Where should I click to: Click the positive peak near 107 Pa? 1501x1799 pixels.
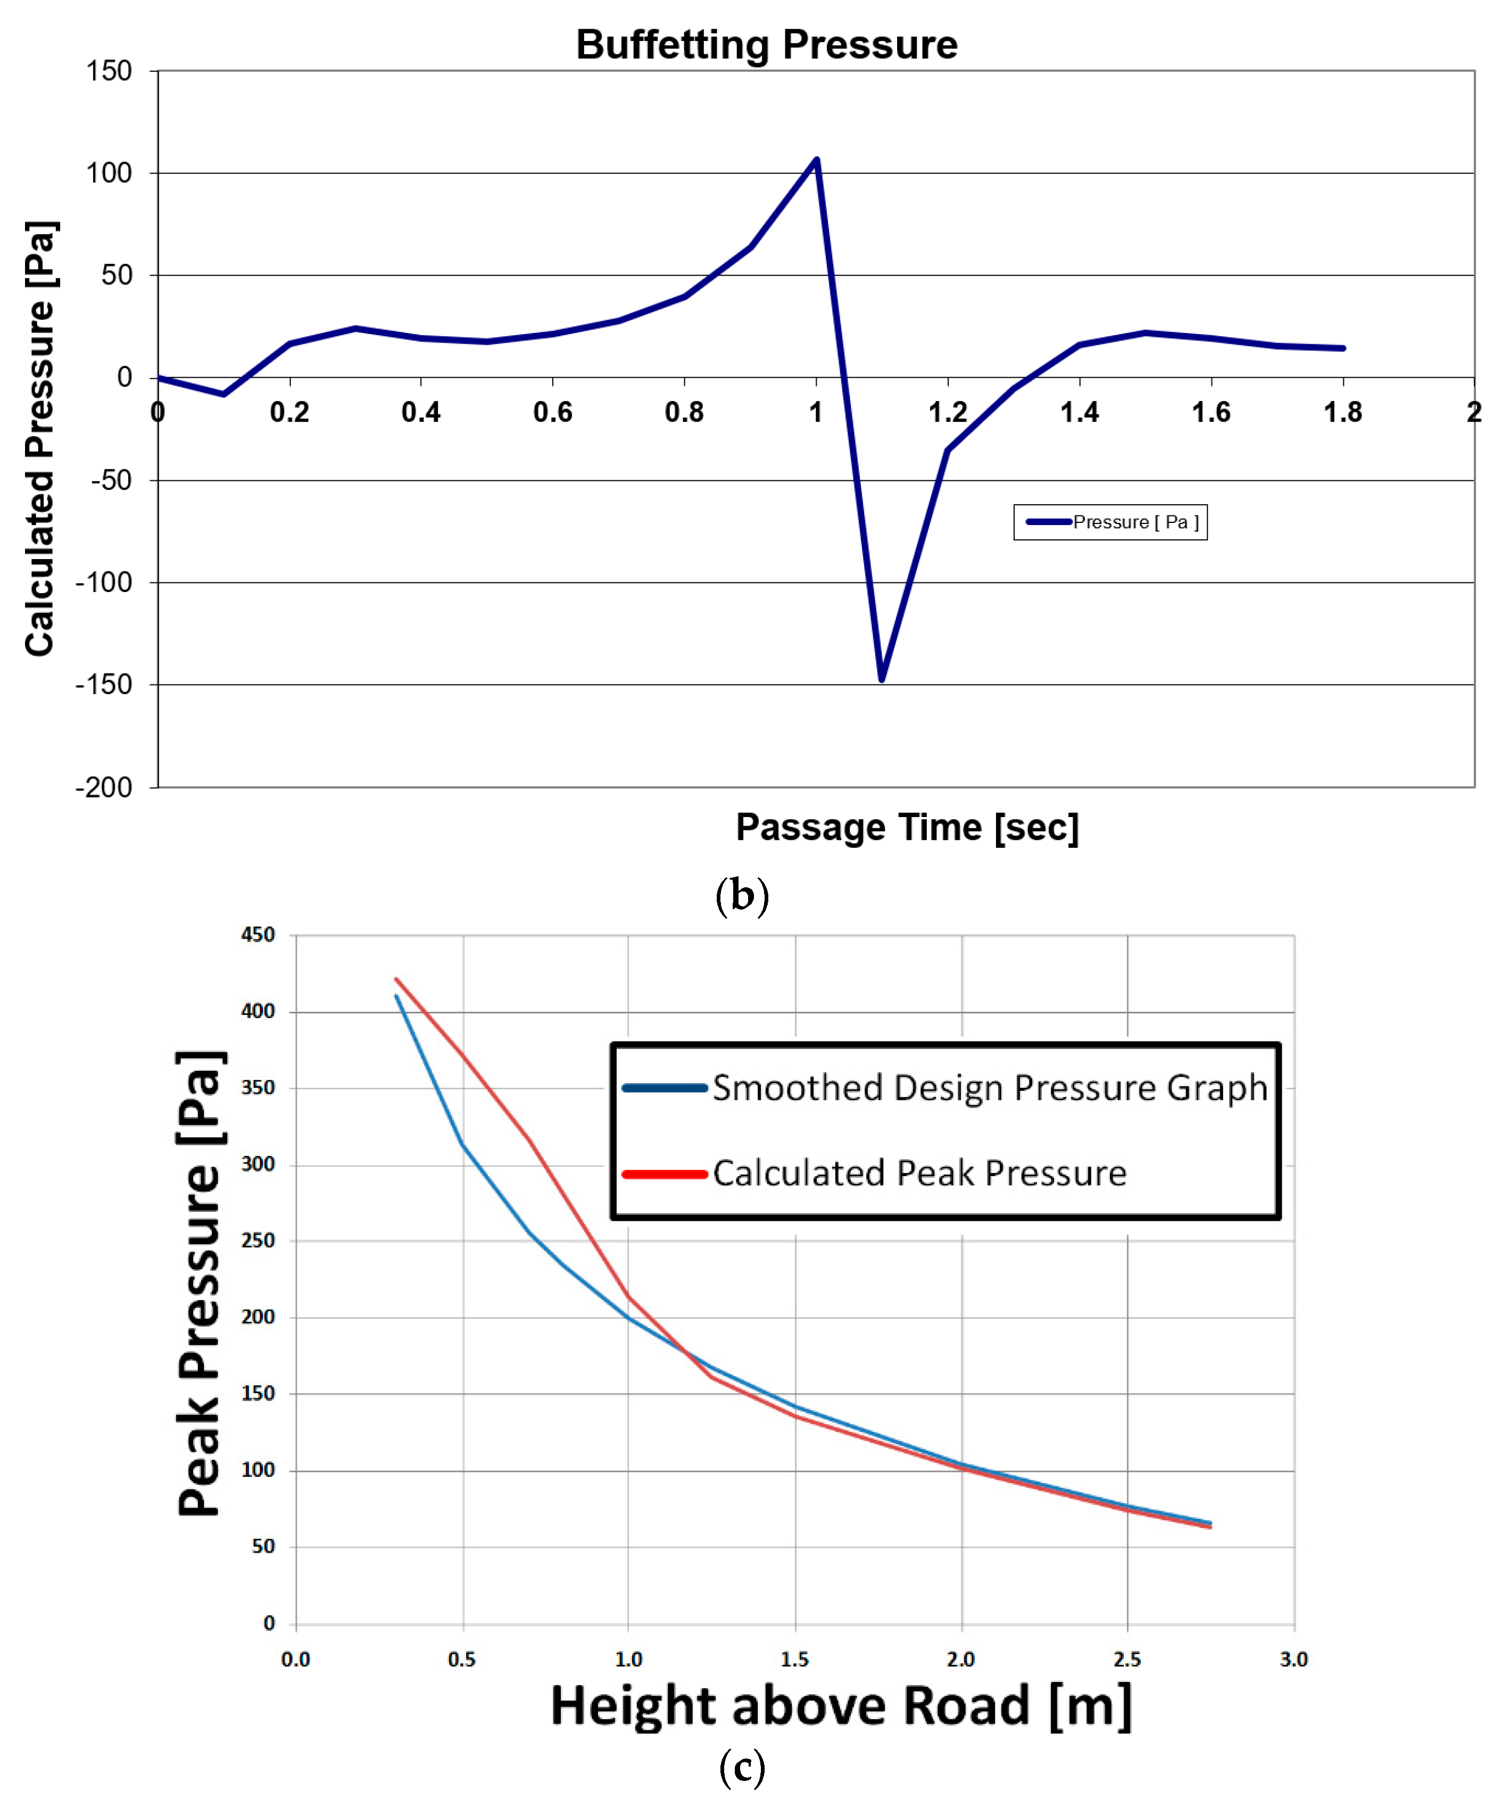[816, 160]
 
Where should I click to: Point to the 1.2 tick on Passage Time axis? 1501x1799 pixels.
[948, 413]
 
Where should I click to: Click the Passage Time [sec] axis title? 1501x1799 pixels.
[907, 828]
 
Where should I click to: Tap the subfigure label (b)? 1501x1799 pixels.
[742, 896]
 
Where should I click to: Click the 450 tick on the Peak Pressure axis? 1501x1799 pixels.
[258, 935]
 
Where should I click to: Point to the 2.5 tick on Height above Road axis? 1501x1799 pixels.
[1126, 1659]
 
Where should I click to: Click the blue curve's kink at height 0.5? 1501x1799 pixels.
[462, 1145]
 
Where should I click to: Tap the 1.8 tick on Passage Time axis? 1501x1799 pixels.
[1342, 413]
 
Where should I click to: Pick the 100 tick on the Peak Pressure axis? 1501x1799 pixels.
[258, 1470]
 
